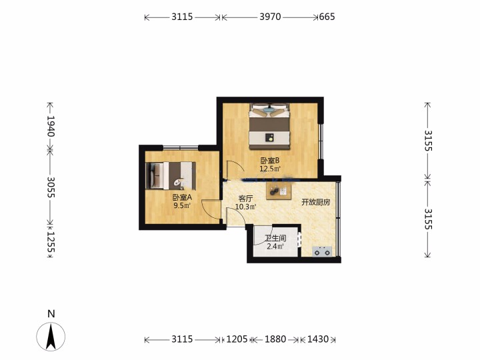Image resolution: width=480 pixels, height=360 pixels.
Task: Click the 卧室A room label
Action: pos(182,197)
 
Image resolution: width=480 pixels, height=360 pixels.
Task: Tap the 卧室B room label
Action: pos(270,161)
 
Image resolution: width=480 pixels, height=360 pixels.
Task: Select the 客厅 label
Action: pos(245,199)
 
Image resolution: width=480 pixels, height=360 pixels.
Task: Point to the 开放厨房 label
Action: pos(315,202)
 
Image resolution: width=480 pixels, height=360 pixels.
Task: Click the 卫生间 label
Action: pos(275,238)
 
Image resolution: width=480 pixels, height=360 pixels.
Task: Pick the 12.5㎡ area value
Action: pos(270,169)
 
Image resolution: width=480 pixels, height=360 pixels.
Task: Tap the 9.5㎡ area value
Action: pos(182,205)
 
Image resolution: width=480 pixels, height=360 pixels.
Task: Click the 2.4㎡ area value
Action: pos(275,246)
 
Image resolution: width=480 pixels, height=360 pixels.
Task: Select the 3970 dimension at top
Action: pos(270,17)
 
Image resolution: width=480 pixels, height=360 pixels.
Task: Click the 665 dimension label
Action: pos(327,17)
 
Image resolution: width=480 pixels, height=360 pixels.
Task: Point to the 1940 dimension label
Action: pos(51,126)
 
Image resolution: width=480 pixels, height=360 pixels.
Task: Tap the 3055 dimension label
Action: pos(51,187)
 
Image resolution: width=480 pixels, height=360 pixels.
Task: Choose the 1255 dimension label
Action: pos(51,242)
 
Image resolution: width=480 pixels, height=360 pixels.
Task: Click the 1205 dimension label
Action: pos(237,339)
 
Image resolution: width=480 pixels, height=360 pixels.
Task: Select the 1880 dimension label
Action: pos(275,339)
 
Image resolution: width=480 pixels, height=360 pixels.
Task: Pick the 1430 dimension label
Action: pos(318,339)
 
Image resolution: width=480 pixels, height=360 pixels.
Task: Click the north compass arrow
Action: pos(51,337)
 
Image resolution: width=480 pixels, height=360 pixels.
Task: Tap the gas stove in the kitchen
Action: pos(323,251)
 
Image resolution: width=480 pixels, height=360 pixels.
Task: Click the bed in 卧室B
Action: pos(269,126)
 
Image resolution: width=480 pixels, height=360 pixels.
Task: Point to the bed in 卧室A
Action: pos(171,176)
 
